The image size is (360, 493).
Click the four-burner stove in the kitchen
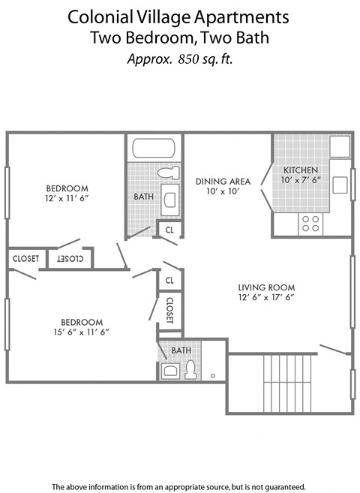[310, 223]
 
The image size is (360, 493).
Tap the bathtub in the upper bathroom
[154, 147]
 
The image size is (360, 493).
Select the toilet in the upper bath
[169, 173]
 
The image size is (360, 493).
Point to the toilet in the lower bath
[190, 369]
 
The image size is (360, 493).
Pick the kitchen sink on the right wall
[339, 185]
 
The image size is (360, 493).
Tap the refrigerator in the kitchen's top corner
[340, 146]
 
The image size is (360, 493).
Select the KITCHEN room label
[301, 170]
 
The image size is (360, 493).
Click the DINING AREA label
[223, 181]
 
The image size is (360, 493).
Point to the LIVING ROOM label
[266, 287]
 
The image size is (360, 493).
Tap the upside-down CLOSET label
[70, 258]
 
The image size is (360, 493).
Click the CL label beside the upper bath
[169, 230]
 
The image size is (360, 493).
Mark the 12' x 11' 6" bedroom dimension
[67, 198]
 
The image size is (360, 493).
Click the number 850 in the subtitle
[191, 60]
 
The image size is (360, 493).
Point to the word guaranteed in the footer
[281, 486]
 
